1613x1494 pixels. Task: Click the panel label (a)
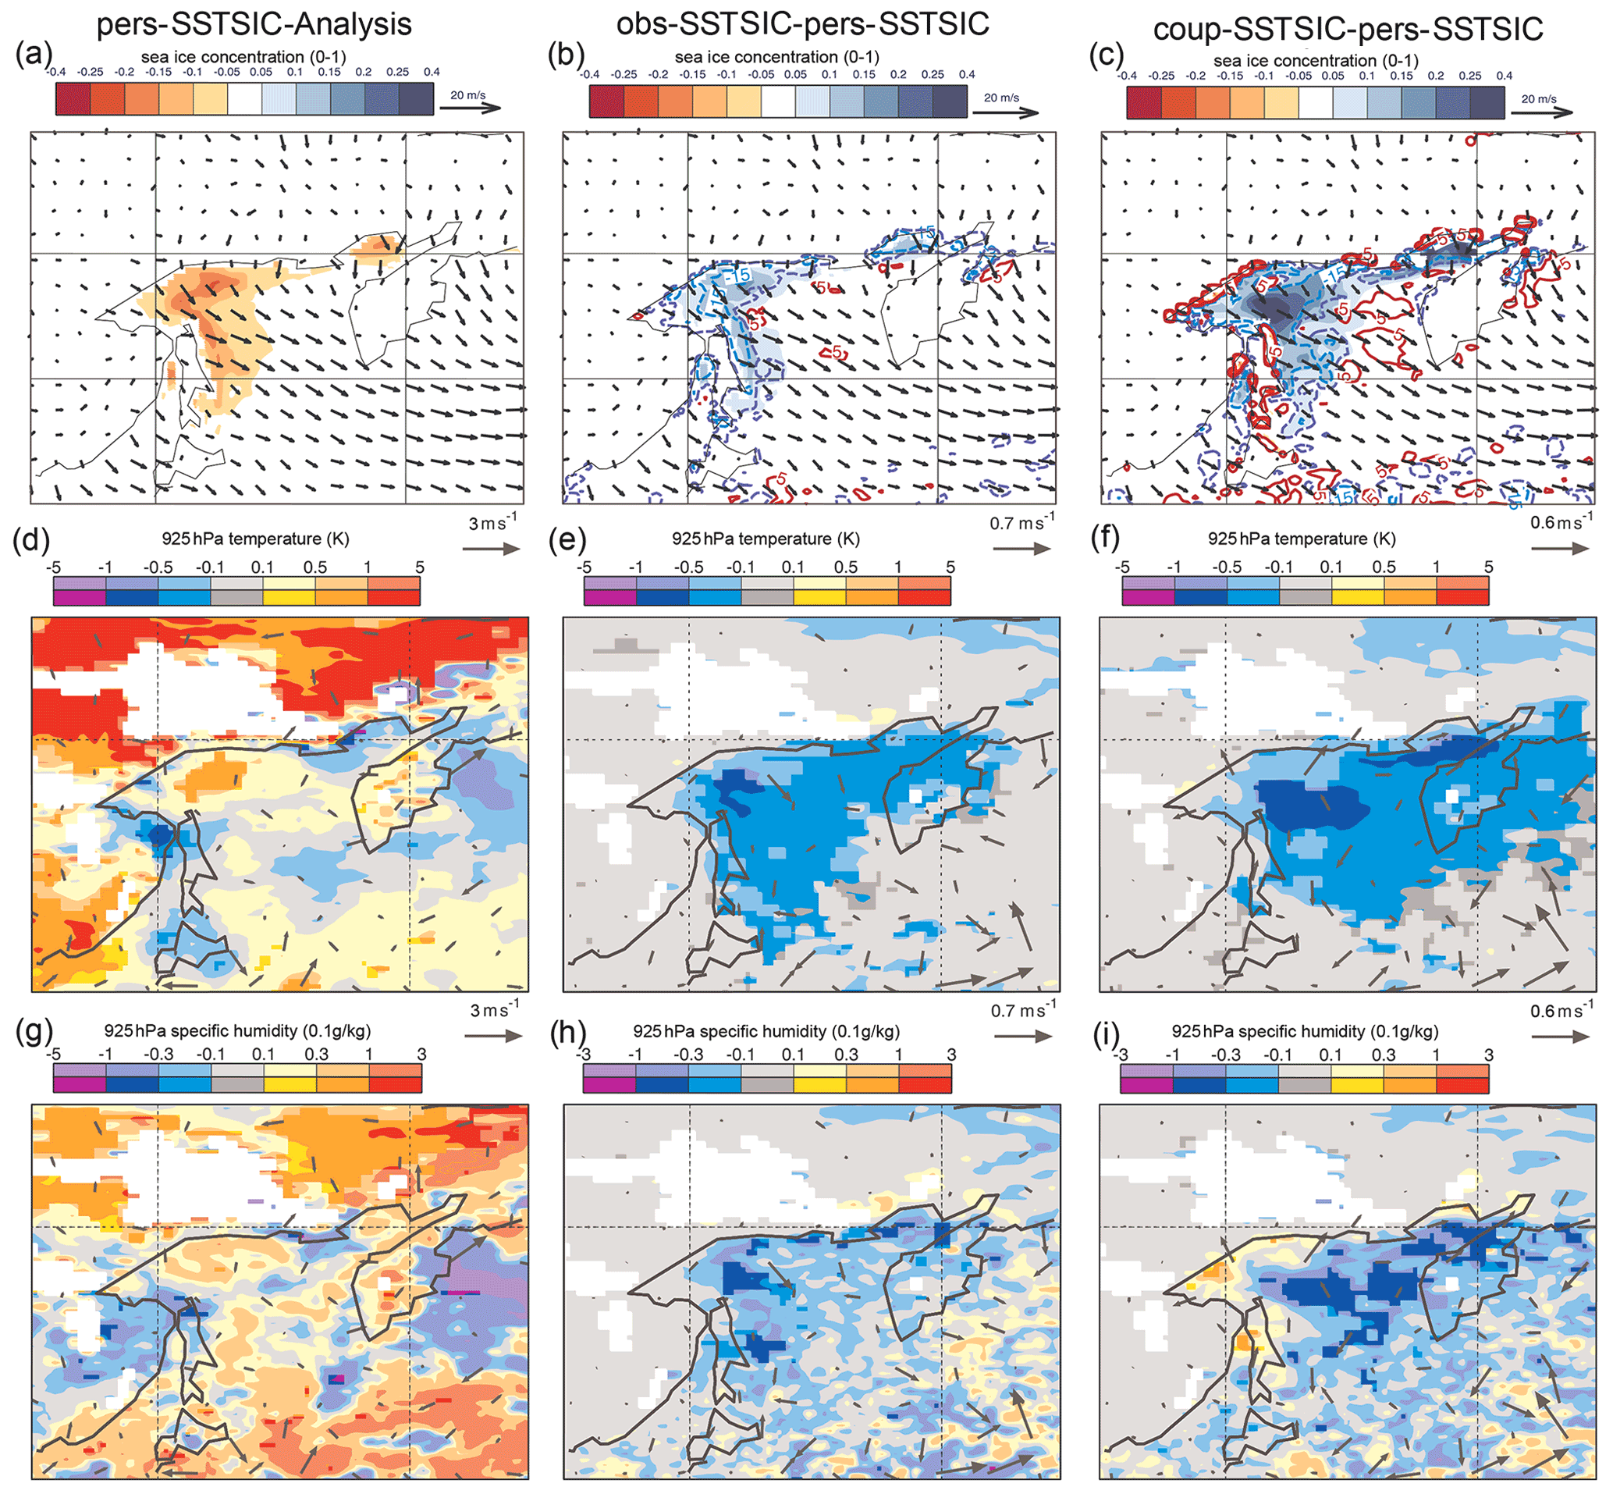33,55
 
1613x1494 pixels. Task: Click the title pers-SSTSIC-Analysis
254,24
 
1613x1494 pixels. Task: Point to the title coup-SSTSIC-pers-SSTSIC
1348,29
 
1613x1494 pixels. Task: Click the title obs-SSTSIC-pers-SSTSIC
801,24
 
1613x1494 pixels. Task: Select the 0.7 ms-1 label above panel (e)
1021,523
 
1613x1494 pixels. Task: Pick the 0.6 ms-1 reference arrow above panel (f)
1560,548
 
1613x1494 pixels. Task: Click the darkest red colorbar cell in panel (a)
73,98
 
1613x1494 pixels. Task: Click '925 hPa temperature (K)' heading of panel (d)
255,539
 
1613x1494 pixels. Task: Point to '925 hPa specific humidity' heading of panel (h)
766,1032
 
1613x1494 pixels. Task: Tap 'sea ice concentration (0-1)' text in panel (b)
776,58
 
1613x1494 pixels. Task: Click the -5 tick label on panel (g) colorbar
53,1055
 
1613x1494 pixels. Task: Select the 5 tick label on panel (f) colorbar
1487,567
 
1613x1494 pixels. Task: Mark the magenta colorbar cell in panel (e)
609,597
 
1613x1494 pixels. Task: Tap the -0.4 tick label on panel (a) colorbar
55,72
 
